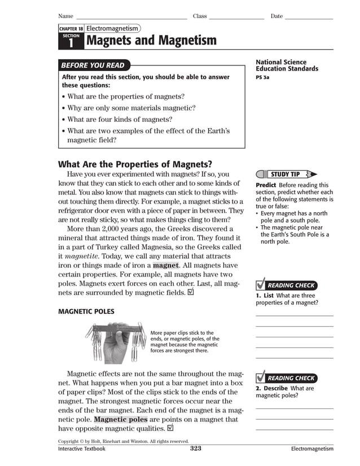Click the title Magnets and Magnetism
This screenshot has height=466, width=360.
pyautogui.click(x=151, y=41)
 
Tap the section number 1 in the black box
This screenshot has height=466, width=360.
pyautogui.click(x=71, y=43)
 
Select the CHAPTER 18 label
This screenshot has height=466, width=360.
pyautogui.click(x=71, y=28)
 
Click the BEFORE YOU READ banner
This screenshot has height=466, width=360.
pyautogui.click(x=93, y=65)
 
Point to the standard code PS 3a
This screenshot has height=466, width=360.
pyautogui.click(x=262, y=77)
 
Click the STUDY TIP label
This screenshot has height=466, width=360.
pyautogui.click(x=285, y=174)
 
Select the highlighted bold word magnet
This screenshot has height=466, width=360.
pyautogui.click(x=165, y=265)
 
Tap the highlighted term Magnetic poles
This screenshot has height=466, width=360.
pyautogui.click(x=120, y=420)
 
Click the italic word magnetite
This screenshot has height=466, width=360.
pyautogui.click(x=82, y=256)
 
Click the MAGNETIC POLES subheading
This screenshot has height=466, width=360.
pyautogui.click(x=86, y=311)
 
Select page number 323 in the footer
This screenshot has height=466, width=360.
pyautogui.click(x=195, y=449)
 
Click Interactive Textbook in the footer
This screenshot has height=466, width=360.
pyautogui.click(x=82, y=449)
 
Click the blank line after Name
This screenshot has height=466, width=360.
pyautogui.click(x=131, y=17)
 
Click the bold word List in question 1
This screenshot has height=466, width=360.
pyautogui.click(x=267, y=296)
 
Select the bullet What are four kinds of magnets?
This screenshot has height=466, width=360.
pyautogui.click(x=120, y=120)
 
